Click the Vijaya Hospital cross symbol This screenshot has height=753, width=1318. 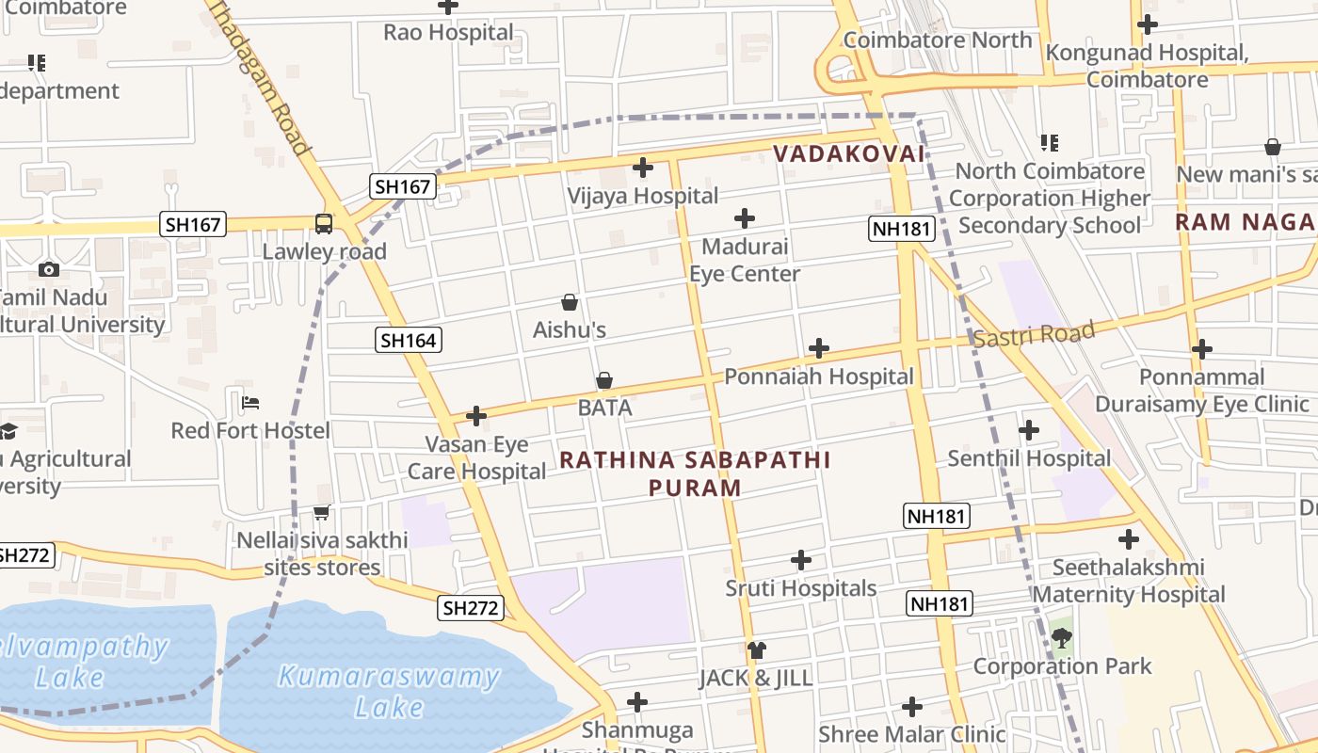click(643, 168)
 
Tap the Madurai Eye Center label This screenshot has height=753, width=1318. click(745, 261)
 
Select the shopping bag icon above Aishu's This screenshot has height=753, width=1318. click(570, 302)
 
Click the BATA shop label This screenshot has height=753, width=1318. click(604, 409)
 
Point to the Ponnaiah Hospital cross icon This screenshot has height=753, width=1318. click(819, 348)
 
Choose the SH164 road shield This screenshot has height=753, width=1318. click(409, 340)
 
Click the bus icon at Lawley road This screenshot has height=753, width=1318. click(324, 224)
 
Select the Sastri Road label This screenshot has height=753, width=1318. click(1034, 333)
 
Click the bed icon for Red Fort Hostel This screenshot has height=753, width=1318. click(250, 403)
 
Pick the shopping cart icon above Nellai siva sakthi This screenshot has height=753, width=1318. click(322, 513)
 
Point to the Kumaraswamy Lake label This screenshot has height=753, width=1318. click(389, 690)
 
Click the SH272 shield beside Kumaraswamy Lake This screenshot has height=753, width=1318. click(471, 608)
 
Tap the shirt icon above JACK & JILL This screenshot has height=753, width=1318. click(756, 650)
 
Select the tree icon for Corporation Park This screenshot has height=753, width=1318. click(1062, 638)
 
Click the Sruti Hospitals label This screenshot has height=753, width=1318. click(801, 588)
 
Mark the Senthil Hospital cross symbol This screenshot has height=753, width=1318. click(1029, 431)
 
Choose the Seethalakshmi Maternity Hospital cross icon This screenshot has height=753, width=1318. click(1129, 539)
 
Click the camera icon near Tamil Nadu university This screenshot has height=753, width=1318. click(49, 270)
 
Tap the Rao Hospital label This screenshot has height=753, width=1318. click(448, 32)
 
